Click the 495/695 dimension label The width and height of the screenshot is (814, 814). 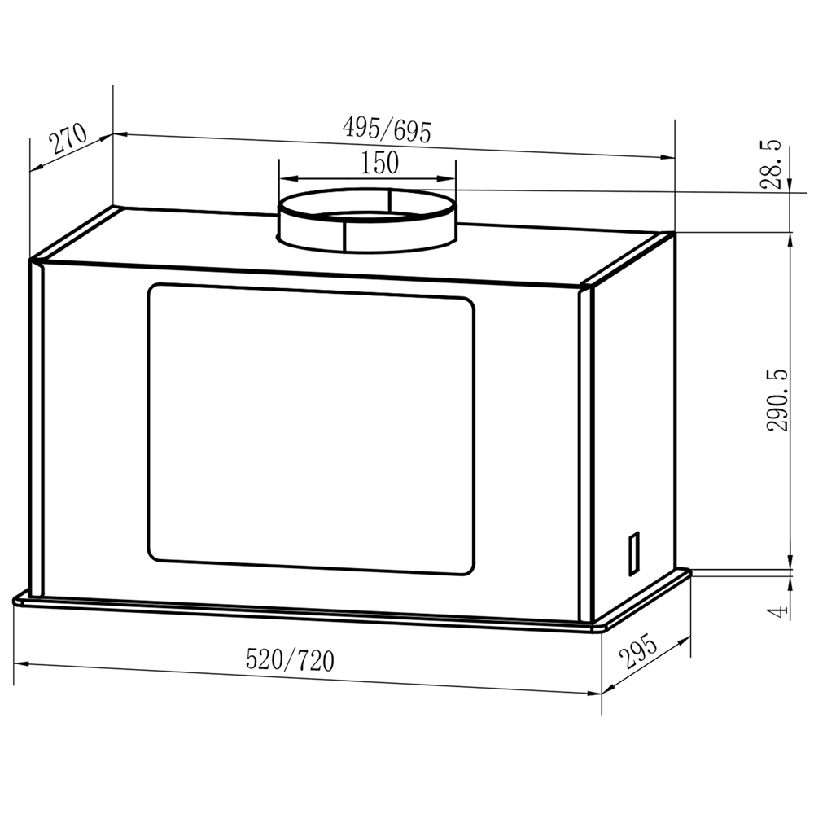(386, 129)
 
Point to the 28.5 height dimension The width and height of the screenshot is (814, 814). (771, 164)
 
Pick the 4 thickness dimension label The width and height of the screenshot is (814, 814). (778, 610)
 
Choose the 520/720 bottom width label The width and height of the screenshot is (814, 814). (290, 659)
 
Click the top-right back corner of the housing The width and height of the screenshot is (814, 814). (673, 234)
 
